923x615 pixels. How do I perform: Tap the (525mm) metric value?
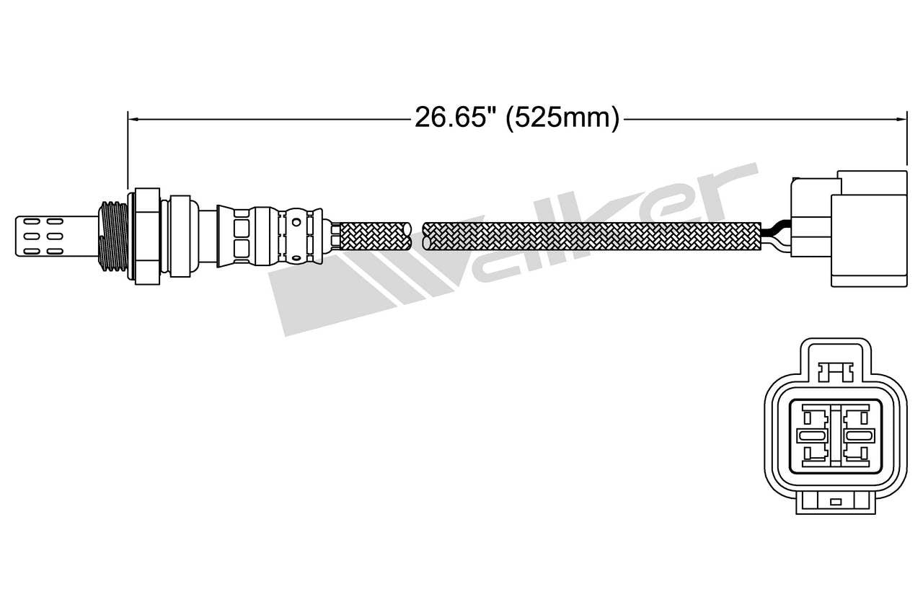pyautogui.click(x=562, y=118)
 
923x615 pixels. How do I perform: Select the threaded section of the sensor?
pyautogui.click(x=112, y=235)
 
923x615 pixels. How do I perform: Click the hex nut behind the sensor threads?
pyautogui.click(x=144, y=234)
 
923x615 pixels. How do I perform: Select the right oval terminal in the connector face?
pyautogui.click(x=856, y=435)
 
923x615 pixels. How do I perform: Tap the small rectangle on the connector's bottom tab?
pyautogui.click(x=836, y=501)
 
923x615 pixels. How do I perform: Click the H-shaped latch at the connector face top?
pyautogui.click(x=836, y=371)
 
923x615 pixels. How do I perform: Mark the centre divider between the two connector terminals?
pyautogui.click(x=834, y=435)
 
